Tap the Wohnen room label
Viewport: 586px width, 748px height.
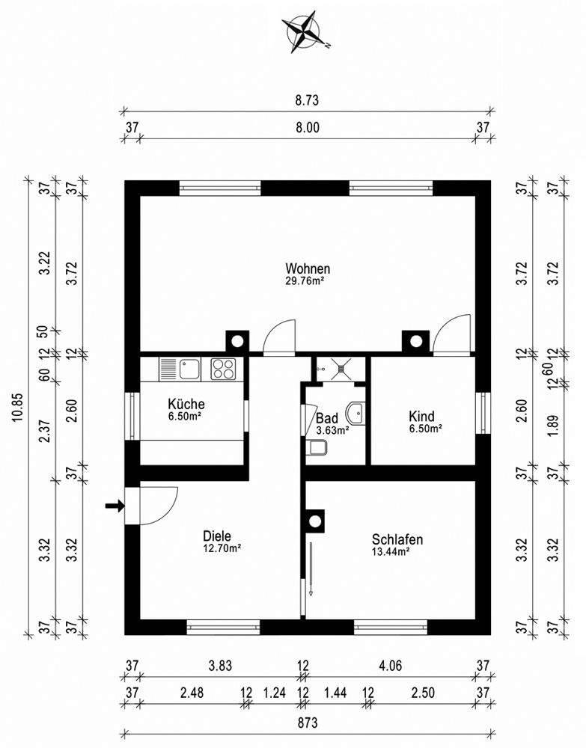[x=308, y=269]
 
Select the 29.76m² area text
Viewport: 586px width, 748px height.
[x=308, y=281]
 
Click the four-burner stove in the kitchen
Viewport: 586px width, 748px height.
[x=225, y=368]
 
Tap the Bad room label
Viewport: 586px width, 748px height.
[x=327, y=418]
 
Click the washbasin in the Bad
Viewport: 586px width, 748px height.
[x=357, y=411]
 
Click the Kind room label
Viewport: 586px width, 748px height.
[x=421, y=417]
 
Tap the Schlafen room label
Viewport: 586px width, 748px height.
[x=398, y=540]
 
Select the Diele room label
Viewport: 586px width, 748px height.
[x=217, y=536]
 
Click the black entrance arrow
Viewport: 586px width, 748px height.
[x=113, y=506]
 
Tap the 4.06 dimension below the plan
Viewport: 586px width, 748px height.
[x=391, y=665]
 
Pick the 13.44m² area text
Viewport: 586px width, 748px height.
[x=389, y=553]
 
